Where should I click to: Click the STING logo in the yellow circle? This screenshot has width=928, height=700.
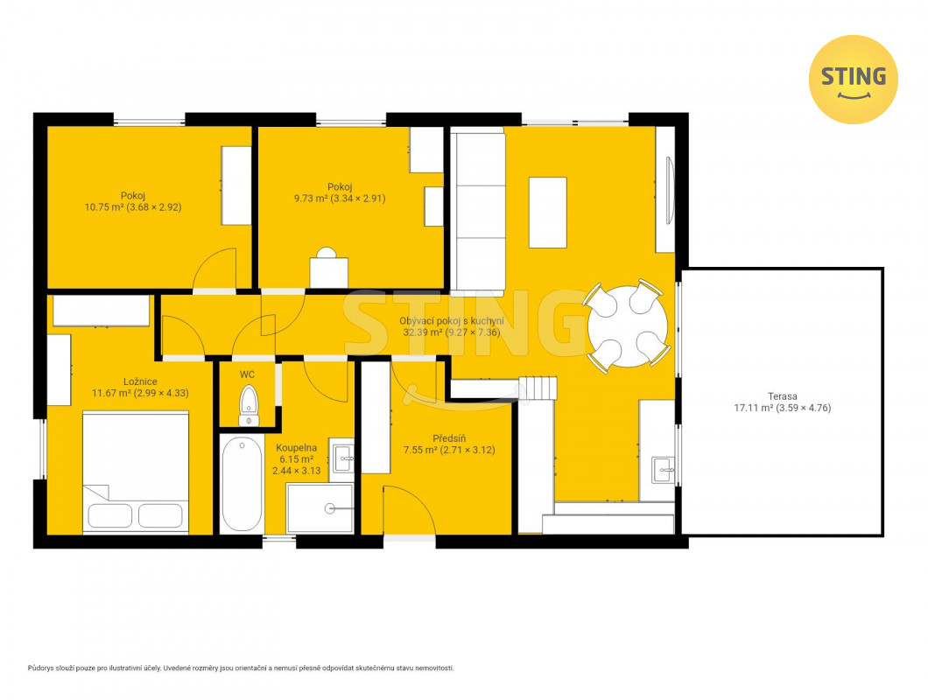click(x=853, y=80)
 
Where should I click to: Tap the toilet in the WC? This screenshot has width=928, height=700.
click(x=249, y=405)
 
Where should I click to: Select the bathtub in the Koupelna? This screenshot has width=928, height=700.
click(x=242, y=485)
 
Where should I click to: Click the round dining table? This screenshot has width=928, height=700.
click(x=628, y=326)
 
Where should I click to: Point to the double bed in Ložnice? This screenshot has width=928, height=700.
click(x=136, y=472)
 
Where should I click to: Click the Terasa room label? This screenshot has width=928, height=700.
click(x=783, y=396)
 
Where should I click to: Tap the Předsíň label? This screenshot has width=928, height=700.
click(x=449, y=438)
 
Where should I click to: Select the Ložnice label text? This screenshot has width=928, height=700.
click(x=140, y=381)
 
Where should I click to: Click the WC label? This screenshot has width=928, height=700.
click(x=248, y=374)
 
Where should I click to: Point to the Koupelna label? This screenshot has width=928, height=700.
click(x=297, y=448)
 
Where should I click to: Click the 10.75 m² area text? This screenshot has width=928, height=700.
click(x=104, y=207)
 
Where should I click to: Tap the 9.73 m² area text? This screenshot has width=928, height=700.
click(x=311, y=199)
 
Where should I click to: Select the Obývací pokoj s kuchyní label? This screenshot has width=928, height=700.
click(x=452, y=321)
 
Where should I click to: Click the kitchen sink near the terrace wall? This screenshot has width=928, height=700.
click(x=664, y=471)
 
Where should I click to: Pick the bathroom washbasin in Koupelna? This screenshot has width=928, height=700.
click(x=342, y=458)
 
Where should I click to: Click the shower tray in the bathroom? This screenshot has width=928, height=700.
click(x=320, y=508)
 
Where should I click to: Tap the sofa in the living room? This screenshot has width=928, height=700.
click(x=478, y=211)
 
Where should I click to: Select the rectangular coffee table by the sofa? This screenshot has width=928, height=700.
click(x=547, y=213)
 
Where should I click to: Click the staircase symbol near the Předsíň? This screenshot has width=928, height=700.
click(x=538, y=388)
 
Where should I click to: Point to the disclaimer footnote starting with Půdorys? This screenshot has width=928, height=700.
click(x=241, y=668)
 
